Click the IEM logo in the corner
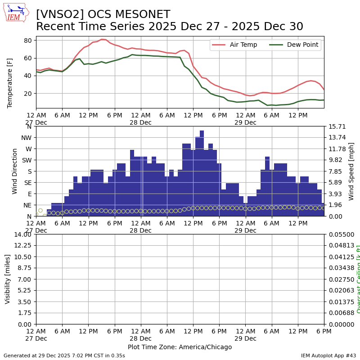tap(16, 13)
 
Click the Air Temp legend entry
tap(243, 45)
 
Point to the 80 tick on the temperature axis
tap(27, 40)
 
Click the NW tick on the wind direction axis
tap(27, 138)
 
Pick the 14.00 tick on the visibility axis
tap(22, 234)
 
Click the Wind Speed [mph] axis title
tap(351, 171)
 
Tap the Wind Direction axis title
tap(15, 171)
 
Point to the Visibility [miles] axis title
tap(8, 279)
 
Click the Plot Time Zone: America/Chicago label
tap(180, 347)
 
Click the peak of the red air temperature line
tap(102, 40)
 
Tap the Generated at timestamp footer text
tap(64, 355)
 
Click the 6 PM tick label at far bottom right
tap(324, 331)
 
